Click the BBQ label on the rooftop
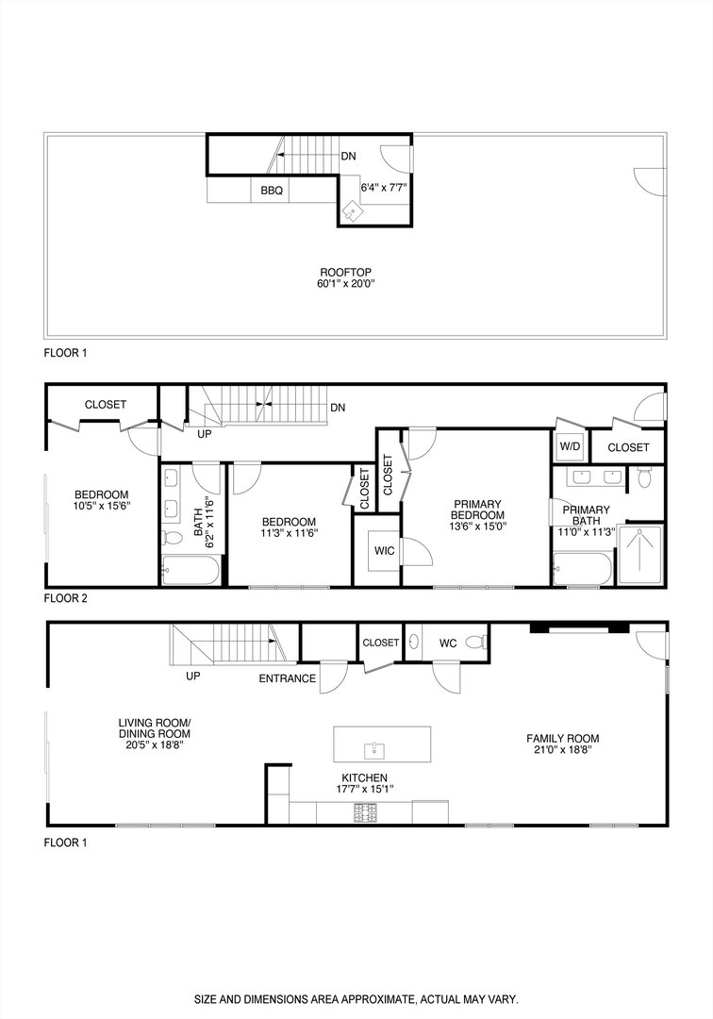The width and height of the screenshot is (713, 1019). [272, 190]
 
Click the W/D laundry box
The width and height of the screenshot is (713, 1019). [570, 446]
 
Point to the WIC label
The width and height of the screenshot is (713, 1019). [385, 550]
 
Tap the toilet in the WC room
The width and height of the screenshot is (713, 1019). [481, 643]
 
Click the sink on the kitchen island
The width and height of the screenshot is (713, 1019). [374, 750]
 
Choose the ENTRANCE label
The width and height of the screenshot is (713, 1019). [289, 677]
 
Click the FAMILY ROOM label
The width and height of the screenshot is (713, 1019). [563, 744]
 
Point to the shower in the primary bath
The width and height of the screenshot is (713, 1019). [647, 555]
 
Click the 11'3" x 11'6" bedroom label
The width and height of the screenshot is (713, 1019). [289, 527]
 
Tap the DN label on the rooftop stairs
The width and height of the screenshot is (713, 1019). [349, 157]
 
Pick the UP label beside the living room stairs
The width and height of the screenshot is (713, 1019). [192, 677]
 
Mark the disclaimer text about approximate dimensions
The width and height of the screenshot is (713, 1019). [356, 998]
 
